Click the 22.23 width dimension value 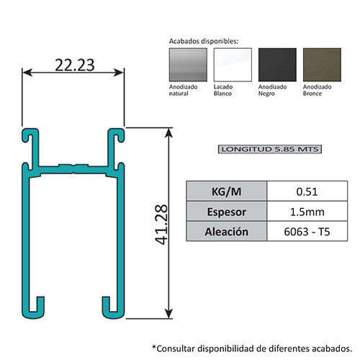[x=73, y=64]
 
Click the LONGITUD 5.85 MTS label [x=269, y=150]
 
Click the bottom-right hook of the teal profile [x=109, y=308]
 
